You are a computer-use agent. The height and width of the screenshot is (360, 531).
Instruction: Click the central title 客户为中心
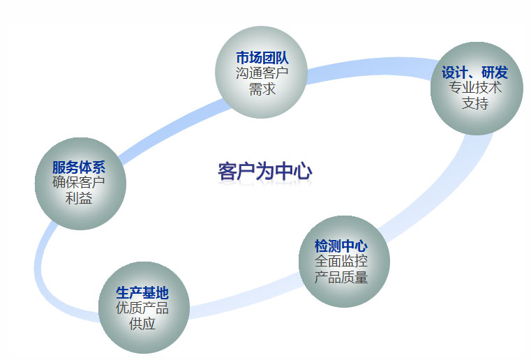pos(264,171)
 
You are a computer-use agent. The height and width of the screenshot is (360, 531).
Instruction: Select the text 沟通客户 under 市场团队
pos(262,73)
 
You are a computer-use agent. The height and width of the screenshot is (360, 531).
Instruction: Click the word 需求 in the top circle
pos(262,89)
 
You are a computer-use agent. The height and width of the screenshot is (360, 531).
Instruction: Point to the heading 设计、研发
pos(474,73)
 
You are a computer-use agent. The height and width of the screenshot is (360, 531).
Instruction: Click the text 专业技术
pos(474,88)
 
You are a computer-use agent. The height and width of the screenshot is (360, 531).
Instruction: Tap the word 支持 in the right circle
pos(474,103)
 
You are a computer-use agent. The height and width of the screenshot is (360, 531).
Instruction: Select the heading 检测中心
pos(341,246)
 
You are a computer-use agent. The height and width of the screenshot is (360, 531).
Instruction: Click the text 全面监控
pos(341,261)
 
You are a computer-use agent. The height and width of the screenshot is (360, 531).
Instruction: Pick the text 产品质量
pos(341,277)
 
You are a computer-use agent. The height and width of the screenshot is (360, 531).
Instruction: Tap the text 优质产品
pos(142,308)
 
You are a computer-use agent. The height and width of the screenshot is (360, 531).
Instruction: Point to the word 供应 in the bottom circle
pos(142,324)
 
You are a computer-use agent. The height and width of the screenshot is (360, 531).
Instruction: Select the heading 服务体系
pos(79,167)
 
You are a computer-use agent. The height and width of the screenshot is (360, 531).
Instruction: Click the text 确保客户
pos(79,183)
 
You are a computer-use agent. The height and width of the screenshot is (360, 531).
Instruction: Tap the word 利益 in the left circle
pos(79,198)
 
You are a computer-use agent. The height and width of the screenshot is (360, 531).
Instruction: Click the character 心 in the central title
pos(302,171)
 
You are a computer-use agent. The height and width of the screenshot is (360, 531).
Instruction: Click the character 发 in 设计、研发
pos(500,73)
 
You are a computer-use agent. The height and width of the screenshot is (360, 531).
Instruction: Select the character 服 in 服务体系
pos(59,167)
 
